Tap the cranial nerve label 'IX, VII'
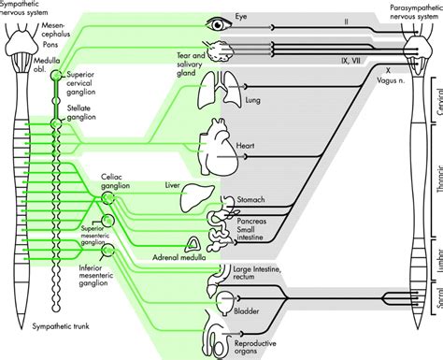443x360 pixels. [x=350, y=61]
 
